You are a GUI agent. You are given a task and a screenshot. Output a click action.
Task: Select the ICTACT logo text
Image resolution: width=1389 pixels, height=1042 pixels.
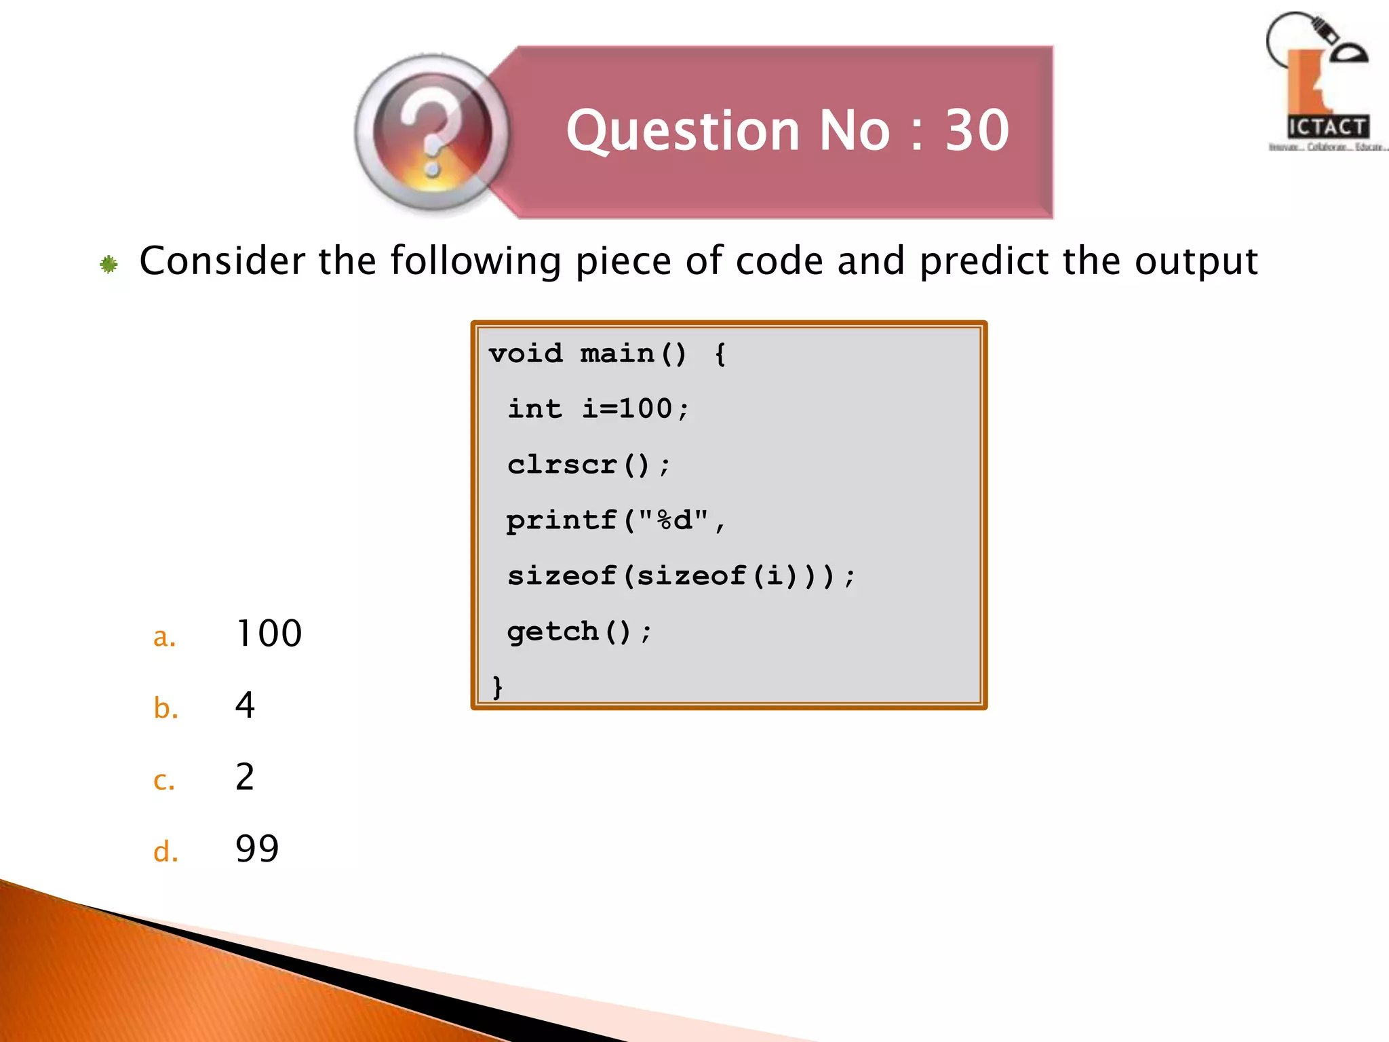pyautogui.click(x=1327, y=127)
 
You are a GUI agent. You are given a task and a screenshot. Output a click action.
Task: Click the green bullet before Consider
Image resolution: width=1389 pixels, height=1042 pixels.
pyautogui.click(x=109, y=264)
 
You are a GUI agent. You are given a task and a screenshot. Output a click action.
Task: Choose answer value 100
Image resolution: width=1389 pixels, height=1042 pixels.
pyautogui.click(x=269, y=634)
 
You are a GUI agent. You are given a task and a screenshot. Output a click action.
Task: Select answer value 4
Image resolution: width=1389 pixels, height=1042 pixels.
pyautogui.click(x=245, y=706)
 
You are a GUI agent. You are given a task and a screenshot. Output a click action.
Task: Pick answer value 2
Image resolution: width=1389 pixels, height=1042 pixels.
pyautogui.click(x=245, y=777)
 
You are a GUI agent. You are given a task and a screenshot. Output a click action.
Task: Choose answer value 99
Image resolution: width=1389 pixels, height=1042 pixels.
pyautogui.click(x=257, y=849)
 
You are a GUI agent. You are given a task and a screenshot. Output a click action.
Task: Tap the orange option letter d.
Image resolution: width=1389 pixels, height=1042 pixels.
pyautogui.click(x=165, y=851)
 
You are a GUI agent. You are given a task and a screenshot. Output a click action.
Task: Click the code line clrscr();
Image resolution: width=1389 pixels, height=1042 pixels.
pyautogui.click(x=589, y=465)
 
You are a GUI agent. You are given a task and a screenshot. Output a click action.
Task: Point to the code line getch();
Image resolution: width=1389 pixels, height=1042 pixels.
pyautogui.click(x=579, y=632)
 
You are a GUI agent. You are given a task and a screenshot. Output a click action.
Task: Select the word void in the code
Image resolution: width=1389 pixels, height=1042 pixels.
pyautogui.click(x=526, y=353)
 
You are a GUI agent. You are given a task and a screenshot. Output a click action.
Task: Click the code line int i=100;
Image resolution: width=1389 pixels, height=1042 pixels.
pyautogui.click(x=598, y=409)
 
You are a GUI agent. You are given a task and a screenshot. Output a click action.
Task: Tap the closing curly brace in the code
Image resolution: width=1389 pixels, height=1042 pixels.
pyautogui.click(x=498, y=687)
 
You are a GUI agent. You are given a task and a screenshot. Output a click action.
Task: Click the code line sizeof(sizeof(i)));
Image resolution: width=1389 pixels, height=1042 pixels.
pyautogui.click(x=681, y=577)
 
